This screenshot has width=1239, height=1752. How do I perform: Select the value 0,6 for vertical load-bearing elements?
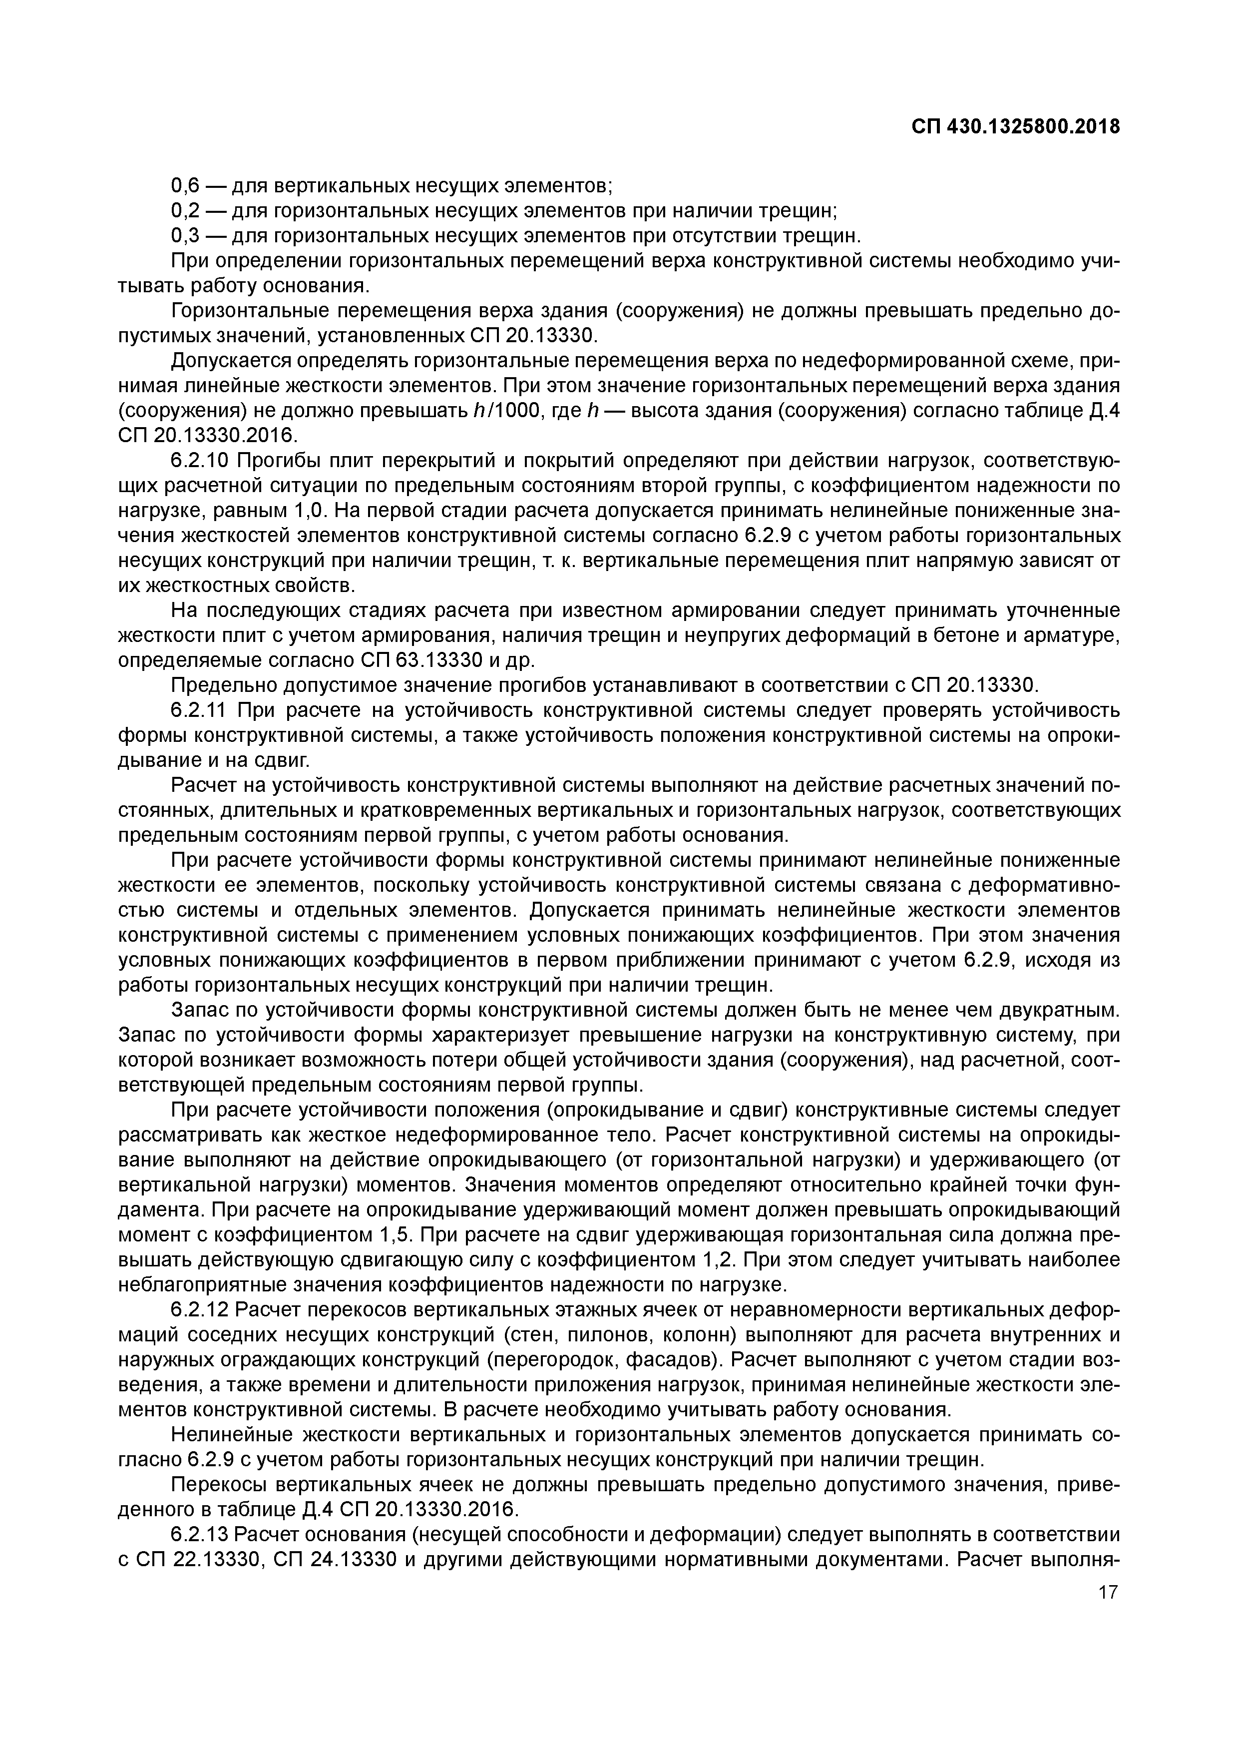pos(185,185)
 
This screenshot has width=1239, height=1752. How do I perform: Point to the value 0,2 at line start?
pos(185,211)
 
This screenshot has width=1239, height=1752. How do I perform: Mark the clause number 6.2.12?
pos(199,1310)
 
